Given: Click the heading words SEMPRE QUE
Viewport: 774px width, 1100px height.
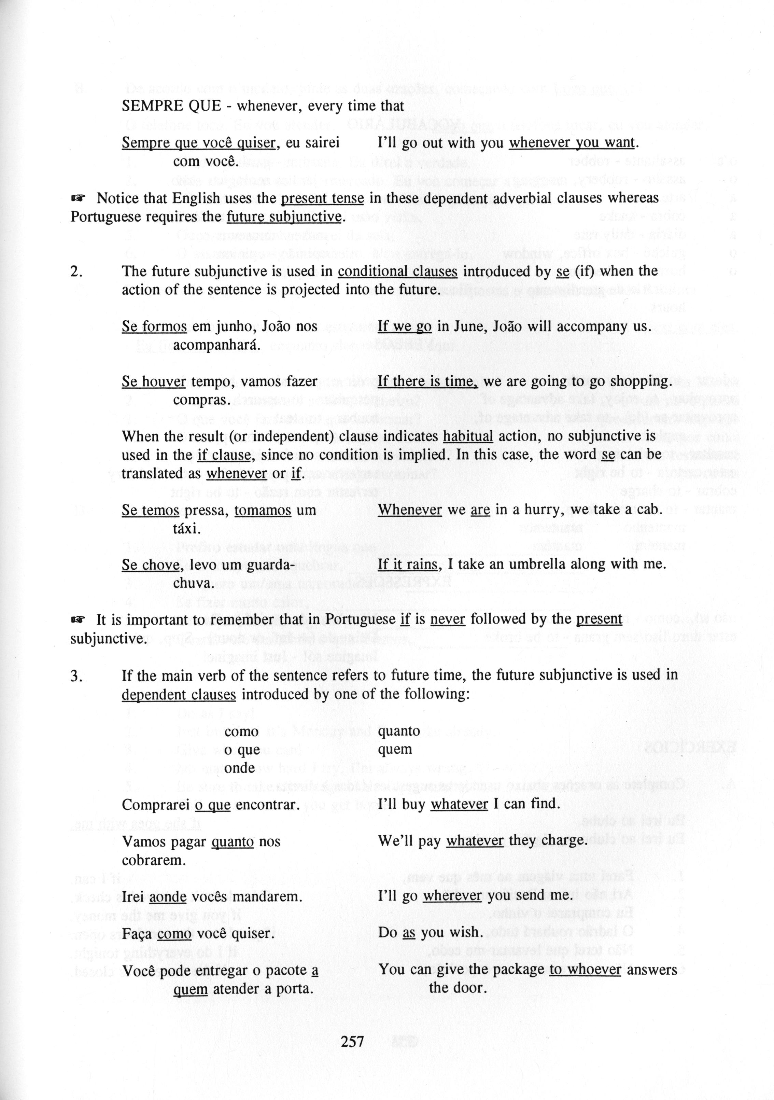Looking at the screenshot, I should click(x=171, y=106).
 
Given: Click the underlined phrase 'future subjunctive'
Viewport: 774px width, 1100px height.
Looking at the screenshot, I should click(x=284, y=217).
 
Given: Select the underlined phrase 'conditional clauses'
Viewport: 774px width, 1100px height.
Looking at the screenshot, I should click(x=397, y=271).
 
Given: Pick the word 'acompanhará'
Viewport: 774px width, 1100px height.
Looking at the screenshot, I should click(x=216, y=345).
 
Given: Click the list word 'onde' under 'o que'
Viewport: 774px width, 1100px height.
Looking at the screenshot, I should click(x=239, y=768).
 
